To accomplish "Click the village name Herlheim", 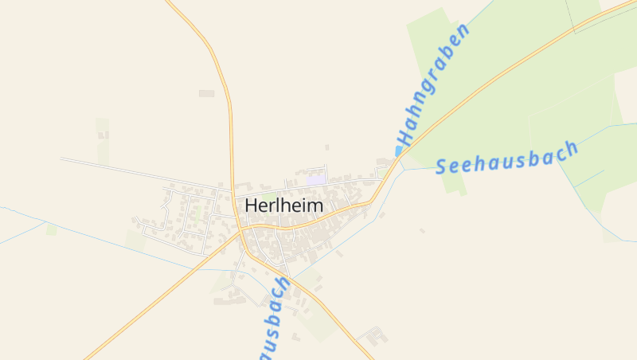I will click(284, 205).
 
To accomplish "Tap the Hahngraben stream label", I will click(434, 85).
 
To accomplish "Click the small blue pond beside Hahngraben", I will click(399, 151).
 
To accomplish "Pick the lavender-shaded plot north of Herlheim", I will click(317, 180).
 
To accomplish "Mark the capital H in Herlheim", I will click(252, 205).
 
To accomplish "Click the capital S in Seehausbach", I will click(443, 166).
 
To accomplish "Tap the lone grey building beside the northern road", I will click(206, 94).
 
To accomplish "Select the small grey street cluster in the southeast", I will click(373, 335).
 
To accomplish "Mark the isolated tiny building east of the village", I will click(422, 231).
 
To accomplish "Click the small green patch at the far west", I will click(52, 229).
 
